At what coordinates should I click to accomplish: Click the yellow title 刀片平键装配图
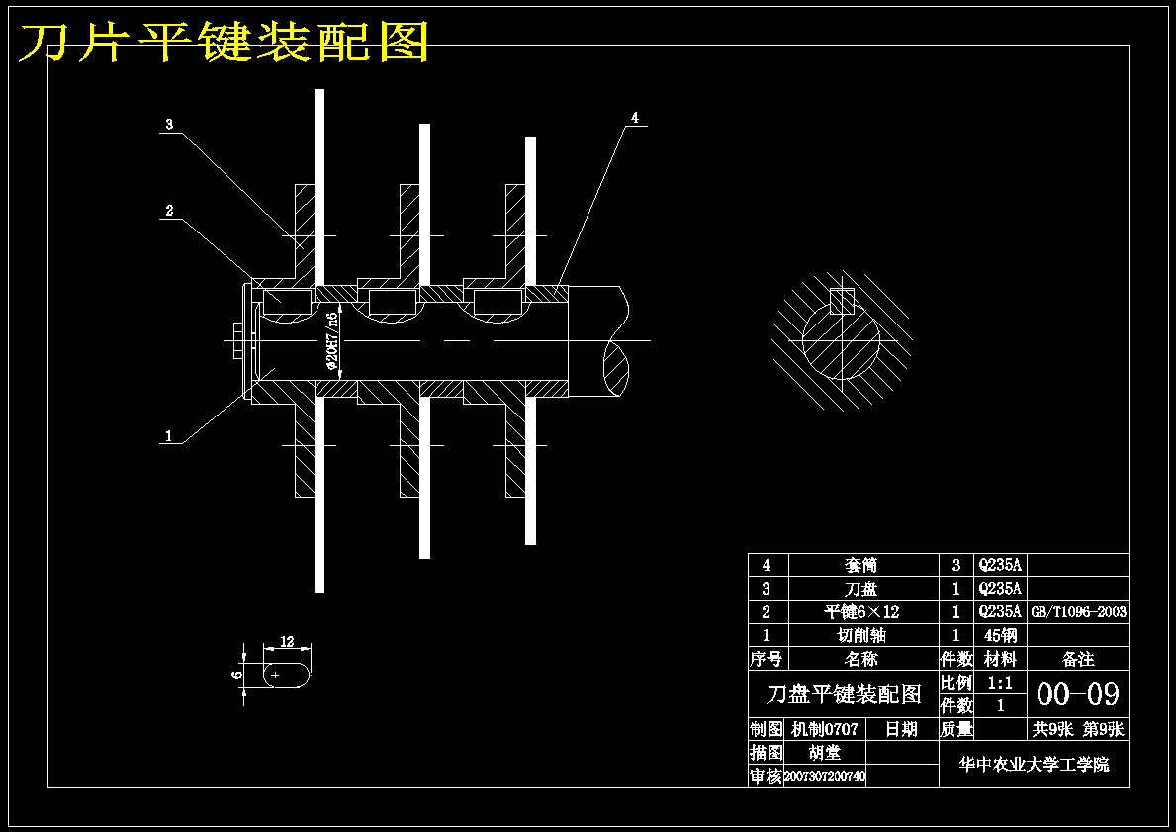click(x=225, y=43)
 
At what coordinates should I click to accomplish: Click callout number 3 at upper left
click(x=169, y=125)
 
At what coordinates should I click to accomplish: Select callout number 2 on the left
click(x=169, y=211)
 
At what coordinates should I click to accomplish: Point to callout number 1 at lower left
click(x=169, y=435)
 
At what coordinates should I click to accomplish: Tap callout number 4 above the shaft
click(x=635, y=118)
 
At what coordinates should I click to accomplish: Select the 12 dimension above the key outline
click(x=287, y=641)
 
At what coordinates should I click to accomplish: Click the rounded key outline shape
click(x=288, y=674)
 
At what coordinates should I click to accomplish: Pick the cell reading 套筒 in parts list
click(x=860, y=565)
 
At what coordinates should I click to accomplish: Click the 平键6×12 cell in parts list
click(x=860, y=612)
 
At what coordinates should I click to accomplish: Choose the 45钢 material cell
click(x=1000, y=635)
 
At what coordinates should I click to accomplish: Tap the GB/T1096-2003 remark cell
click(x=1078, y=612)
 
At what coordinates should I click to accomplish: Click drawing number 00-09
click(x=1077, y=694)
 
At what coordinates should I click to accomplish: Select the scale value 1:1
click(x=1000, y=683)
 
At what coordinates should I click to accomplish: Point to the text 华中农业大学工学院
click(x=1034, y=765)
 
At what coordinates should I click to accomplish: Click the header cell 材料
click(x=1000, y=659)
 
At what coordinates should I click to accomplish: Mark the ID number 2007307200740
click(x=825, y=777)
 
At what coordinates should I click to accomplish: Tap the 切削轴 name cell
click(x=860, y=635)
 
